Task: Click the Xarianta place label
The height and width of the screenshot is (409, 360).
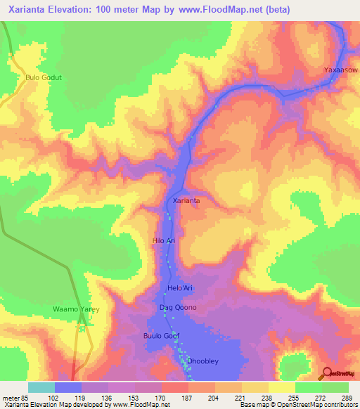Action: coord(186,201)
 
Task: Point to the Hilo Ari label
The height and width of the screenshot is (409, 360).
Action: coord(163,240)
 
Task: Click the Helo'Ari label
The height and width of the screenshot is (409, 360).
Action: coord(179,288)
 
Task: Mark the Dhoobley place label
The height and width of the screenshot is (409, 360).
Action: coord(201,361)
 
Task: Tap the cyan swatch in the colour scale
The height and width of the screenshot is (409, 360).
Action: coord(41,387)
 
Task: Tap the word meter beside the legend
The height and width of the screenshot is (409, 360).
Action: coord(11,397)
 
